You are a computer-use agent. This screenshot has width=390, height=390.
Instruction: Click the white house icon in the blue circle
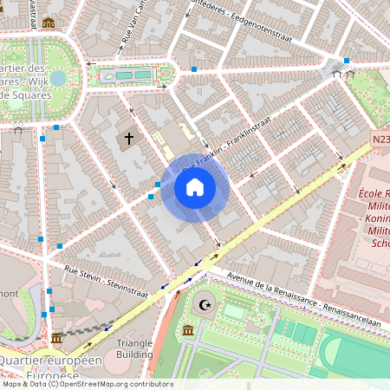point(195,187)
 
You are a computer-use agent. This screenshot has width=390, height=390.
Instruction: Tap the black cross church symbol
point(129,138)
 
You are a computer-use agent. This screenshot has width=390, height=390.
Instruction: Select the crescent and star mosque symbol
point(206,304)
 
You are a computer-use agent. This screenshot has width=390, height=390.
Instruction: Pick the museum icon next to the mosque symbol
point(189,330)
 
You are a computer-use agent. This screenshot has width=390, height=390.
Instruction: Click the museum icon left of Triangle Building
point(56,337)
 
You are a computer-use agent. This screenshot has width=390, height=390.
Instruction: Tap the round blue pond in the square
point(58,78)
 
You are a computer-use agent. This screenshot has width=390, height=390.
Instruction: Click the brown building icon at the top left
point(49,23)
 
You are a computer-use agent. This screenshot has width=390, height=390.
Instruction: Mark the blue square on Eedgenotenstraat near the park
point(347,61)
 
